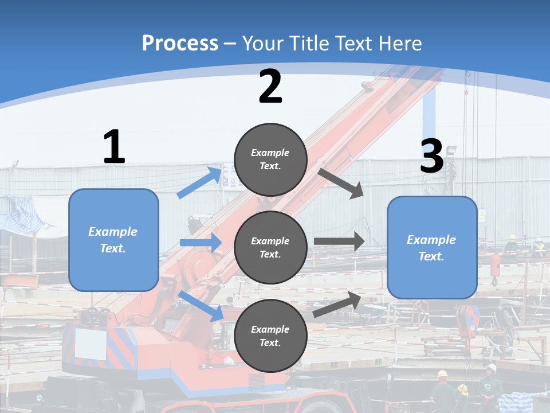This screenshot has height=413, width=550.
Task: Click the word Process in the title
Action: [x=180, y=44]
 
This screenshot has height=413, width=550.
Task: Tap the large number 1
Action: [x=114, y=148]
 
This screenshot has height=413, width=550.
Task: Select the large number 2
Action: [x=270, y=87]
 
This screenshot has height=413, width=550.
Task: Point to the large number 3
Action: [x=431, y=157]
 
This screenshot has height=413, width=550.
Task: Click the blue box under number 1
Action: [x=113, y=240]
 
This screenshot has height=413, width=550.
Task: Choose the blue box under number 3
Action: [x=432, y=247]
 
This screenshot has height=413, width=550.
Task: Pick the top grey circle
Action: [x=270, y=159]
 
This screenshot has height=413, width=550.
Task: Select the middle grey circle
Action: [x=270, y=247]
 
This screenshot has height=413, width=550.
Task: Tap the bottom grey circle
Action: [x=270, y=336]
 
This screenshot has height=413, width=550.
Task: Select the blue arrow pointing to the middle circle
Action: [x=201, y=243]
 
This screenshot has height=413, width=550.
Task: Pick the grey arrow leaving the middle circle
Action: [x=339, y=241]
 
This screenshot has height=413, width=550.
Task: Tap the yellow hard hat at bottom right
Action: [x=442, y=374]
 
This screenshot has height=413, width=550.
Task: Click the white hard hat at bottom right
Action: [x=491, y=367]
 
